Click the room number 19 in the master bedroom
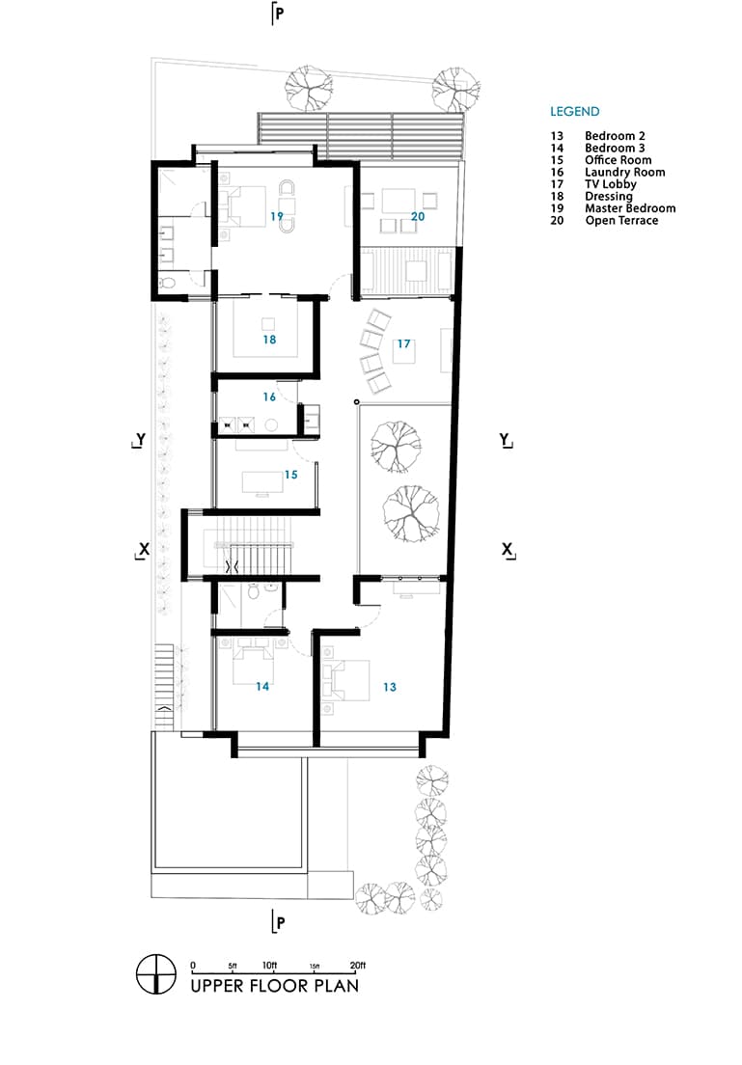(277, 216)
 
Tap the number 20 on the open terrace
(418, 217)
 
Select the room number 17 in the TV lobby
(403, 343)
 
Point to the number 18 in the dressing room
(269, 340)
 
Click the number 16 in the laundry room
(269, 396)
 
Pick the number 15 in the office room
(290, 475)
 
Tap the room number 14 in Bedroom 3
(261, 687)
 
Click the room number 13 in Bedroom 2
(389, 688)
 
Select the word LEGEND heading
(574, 112)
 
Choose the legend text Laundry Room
(624, 173)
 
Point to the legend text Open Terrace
(621, 221)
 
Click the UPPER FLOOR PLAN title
(274, 986)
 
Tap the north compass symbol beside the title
(156, 973)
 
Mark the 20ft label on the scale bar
(357, 966)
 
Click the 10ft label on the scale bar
(269, 966)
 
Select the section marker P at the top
(279, 14)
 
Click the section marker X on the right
(507, 549)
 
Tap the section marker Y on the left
(140, 439)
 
